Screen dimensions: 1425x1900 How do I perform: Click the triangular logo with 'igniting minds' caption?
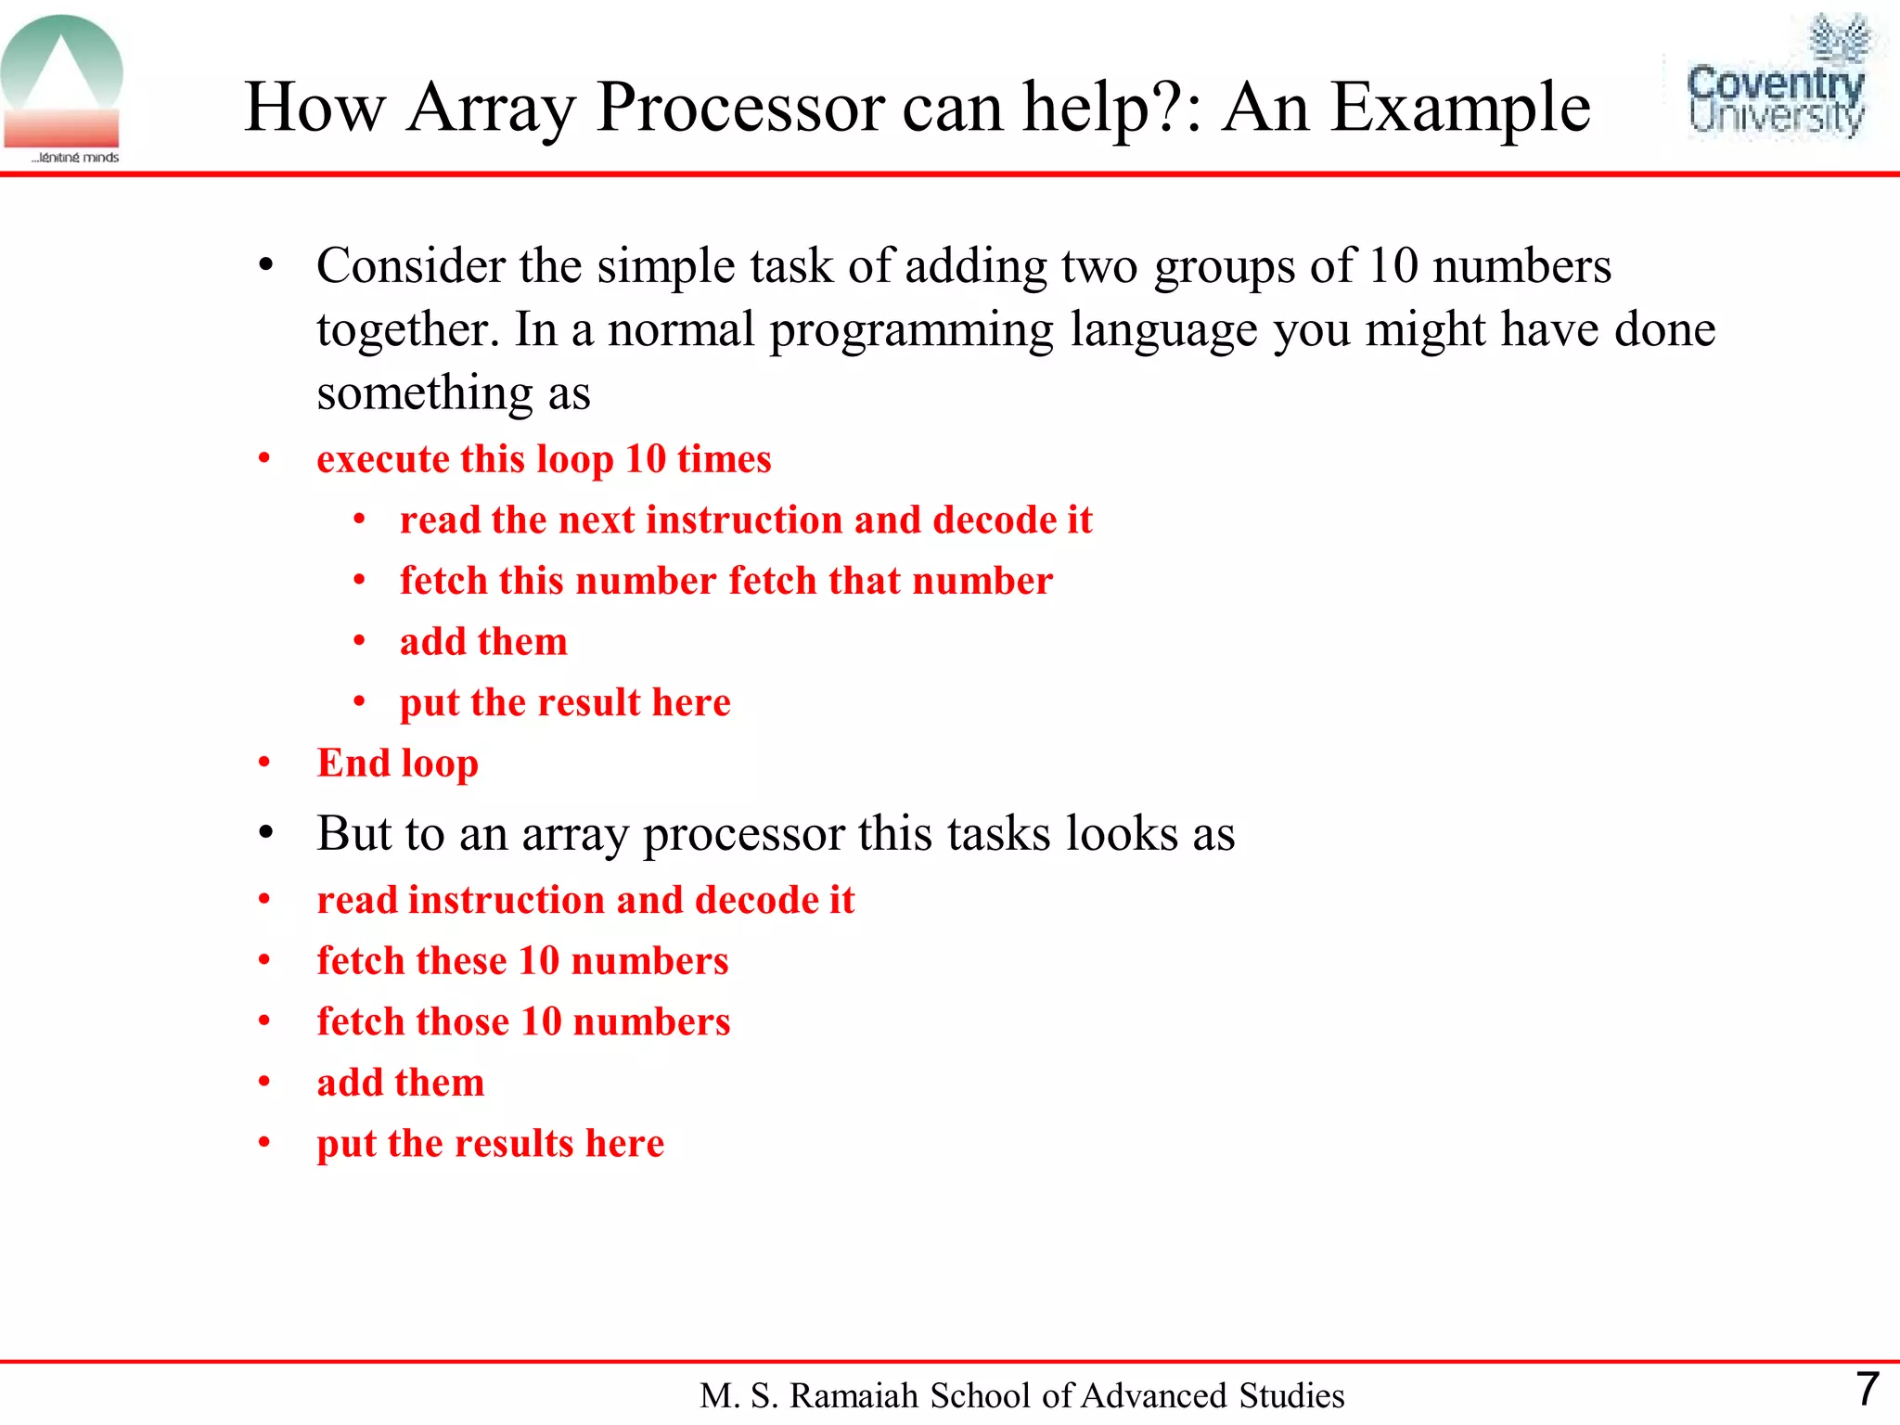click(62, 88)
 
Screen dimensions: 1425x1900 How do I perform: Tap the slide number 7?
click(1867, 1389)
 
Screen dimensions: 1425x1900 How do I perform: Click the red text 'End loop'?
click(397, 763)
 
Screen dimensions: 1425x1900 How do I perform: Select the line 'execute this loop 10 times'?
click(544, 459)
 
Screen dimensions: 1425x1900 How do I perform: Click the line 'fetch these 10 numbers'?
click(522, 960)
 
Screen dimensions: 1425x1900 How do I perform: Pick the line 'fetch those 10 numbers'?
click(523, 1021)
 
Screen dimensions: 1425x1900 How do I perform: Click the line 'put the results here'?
click(490, 1143)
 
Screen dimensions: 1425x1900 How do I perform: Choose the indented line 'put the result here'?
click(565, 702)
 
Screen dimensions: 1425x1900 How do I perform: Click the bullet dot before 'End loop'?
click(264, 763)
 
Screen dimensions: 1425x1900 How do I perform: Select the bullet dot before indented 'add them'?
click(359, 641)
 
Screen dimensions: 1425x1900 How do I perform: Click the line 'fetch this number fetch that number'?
click(726, 581)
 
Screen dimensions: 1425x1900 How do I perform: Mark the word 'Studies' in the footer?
click(1292, 1395)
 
